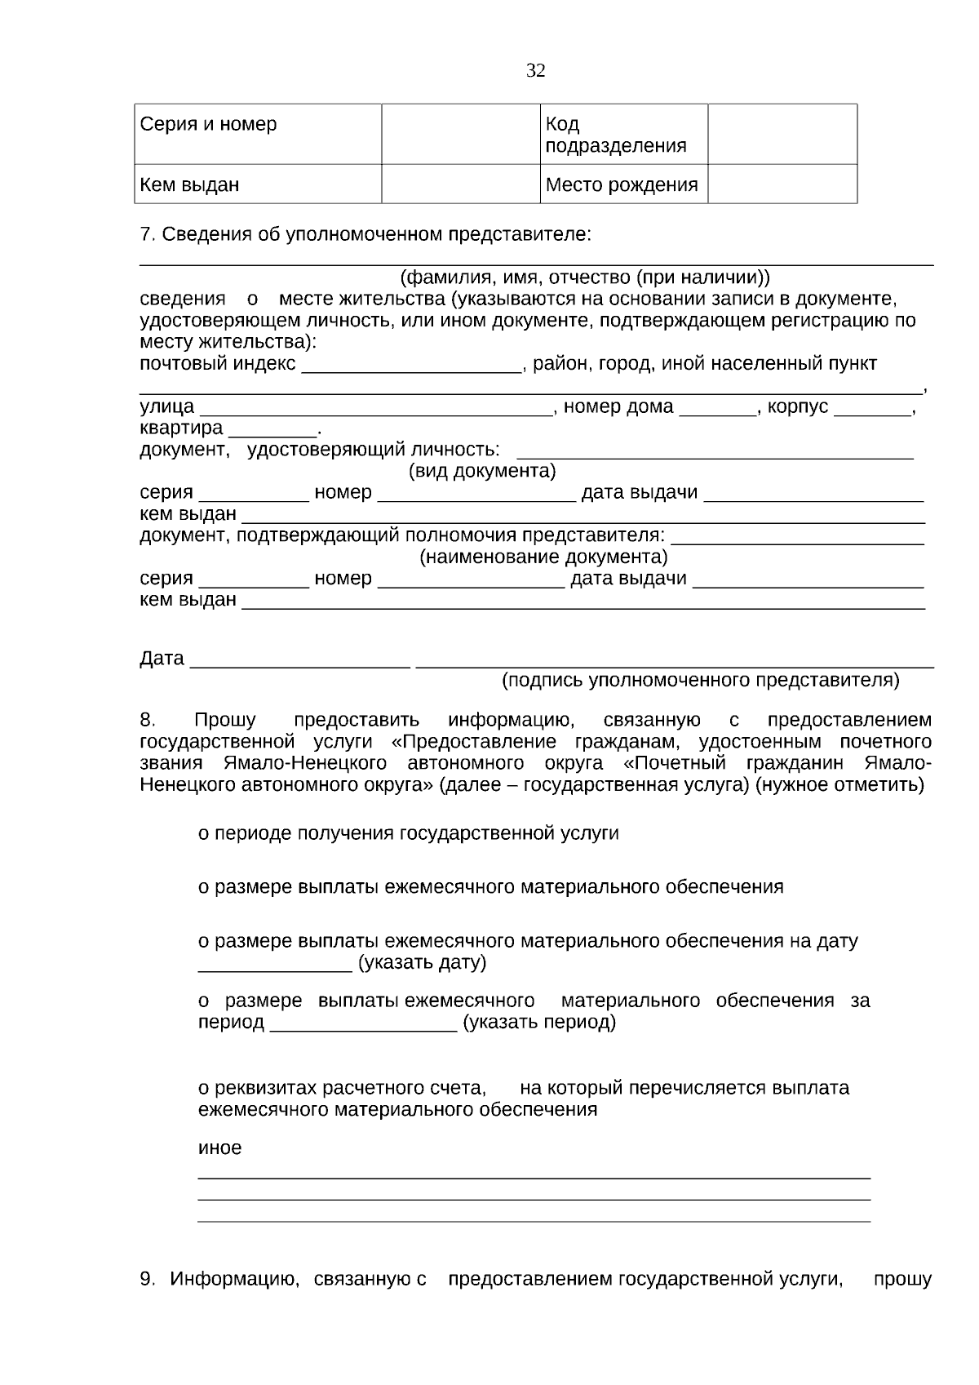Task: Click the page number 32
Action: click(x=535, y=71)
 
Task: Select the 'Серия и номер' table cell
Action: click(x=258, y=134)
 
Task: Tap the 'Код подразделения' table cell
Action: click(x=623, y=135)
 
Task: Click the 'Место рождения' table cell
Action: click(x=623, y=184)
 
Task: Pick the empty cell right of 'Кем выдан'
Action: click(x=460, y=184)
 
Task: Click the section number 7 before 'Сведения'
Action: click(x=147, y=234)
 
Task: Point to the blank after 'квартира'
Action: click(x=272, y=430)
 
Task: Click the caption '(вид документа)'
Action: click(x=481, y=471)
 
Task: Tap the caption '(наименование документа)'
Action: click(x=543, y=557)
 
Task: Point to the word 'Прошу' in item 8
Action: click(x=224, y=720)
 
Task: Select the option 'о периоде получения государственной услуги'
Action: click(x=408, y=833)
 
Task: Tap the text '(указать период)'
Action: click(x=538, y=1022)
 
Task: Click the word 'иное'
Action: click(x=219, y=1148)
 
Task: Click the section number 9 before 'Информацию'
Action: click(x=147, y=1279)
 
